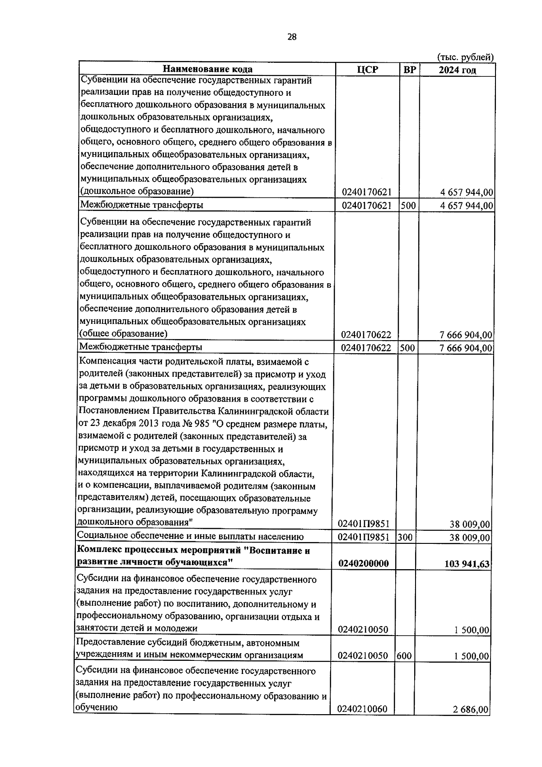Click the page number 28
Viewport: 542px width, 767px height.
[x=292, y=37]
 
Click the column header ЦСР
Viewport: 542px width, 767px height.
[x=367, y=70]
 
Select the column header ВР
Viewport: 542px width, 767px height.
[x=410, y=70]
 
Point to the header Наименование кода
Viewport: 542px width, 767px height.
[x=207, y=69]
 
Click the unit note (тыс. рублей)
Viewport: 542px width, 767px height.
[x=466, y=57]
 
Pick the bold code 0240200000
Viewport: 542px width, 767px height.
[x=363, y=564]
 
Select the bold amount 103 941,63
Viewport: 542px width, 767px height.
[x=467, y=564]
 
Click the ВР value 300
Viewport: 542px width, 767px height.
[x=405, y=538]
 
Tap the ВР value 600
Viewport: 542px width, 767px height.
[x=404, y=655]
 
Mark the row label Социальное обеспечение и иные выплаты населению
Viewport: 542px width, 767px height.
[x=190, y=537]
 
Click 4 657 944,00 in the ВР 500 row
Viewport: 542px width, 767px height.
[x=467, y=206]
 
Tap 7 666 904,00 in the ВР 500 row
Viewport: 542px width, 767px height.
[x=466, y=348]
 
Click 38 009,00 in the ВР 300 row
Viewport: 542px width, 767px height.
[x=470, y=538]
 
